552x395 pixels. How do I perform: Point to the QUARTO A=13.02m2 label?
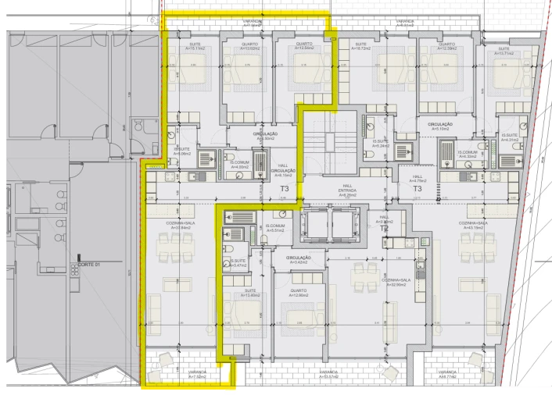coord(249,46)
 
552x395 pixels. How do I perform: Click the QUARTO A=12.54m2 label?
coord(304,46)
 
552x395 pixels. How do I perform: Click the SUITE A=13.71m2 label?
coord(501,49)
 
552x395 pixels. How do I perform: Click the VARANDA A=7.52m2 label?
coord(196,375)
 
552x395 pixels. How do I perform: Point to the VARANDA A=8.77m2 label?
coord(447,375)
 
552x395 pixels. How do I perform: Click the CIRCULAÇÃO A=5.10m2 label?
coord(442,127)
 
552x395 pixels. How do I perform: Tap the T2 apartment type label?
coord(384,229)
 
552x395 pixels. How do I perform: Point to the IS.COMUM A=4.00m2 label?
coord(239,165)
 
